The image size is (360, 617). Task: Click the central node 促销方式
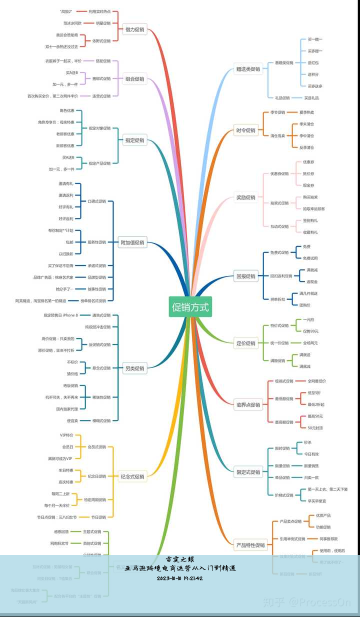[190, 306]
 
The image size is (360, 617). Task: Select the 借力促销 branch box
[134, 29]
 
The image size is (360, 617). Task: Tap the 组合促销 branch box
[134, 78]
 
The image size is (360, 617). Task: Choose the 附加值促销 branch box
[132, 242]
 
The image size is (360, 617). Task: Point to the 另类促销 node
[134, 368]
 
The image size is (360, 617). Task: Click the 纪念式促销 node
[132, 476]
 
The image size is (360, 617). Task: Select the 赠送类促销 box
[248, 69]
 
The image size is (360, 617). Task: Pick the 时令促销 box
[245, 130]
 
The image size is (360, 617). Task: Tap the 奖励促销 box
[245, 197]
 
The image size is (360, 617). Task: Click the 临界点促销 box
[248, 404]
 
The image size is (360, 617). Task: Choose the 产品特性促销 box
[250, 545]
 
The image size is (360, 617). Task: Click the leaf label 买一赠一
[315, 39]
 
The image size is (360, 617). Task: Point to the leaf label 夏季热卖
[306, 112]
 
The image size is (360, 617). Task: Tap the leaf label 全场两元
[310, 343]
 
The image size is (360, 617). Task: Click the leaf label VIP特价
[66, 435]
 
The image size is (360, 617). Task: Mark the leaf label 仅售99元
[310, 331]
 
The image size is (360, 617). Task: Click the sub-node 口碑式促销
[96, 201]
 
